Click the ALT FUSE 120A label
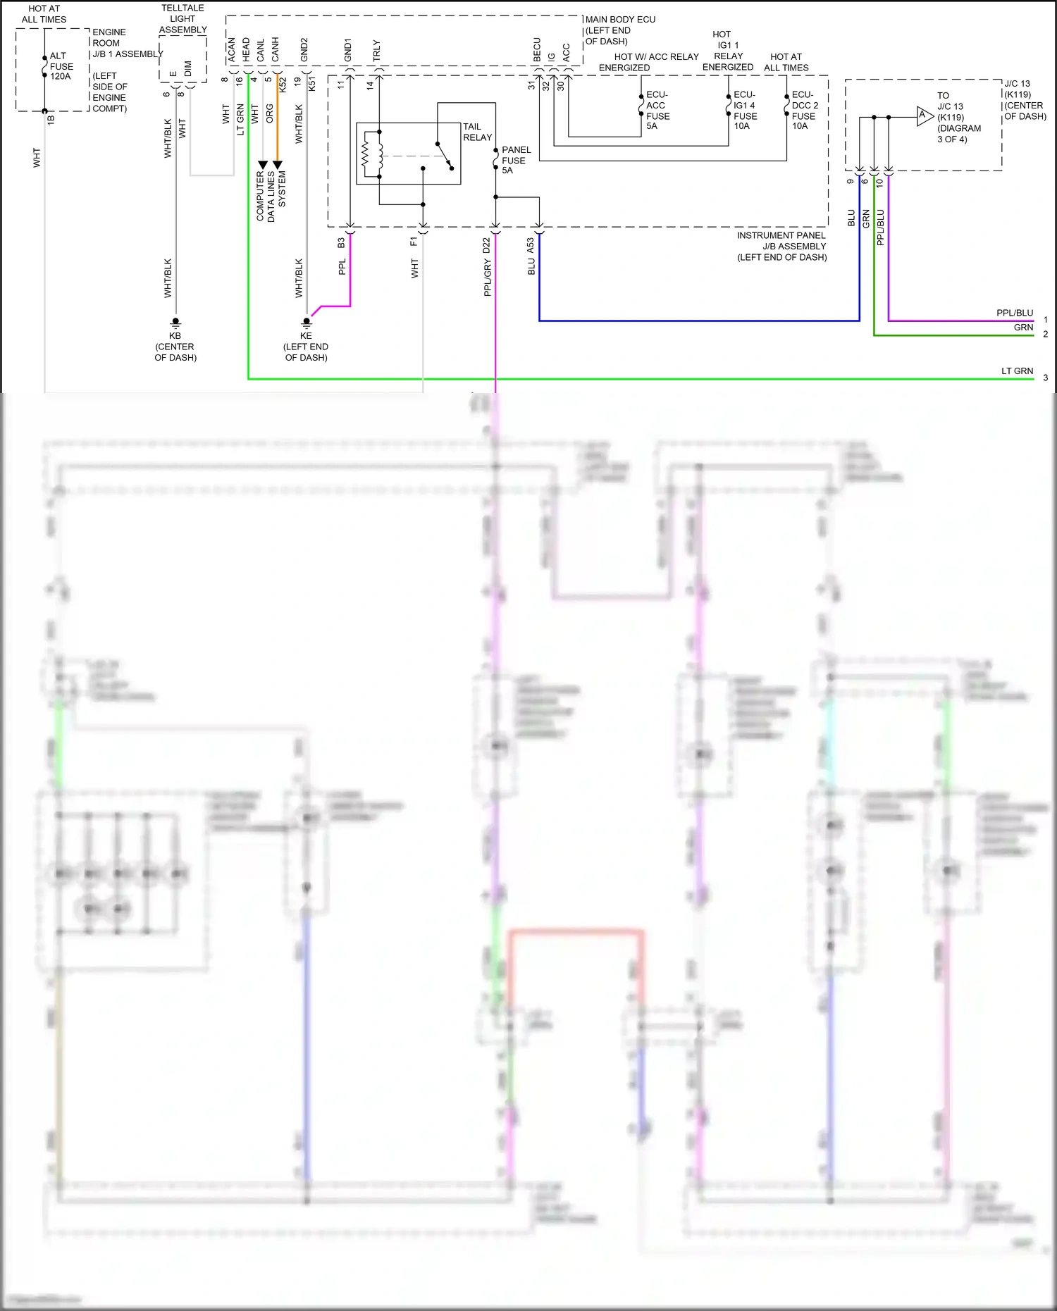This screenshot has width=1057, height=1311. click(61, 66)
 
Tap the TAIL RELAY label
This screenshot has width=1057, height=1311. click(477, 132)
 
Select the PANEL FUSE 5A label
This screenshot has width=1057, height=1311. click(515, 160)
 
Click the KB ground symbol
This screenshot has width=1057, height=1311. click(175, 322)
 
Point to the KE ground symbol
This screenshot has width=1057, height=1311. click(307, 322)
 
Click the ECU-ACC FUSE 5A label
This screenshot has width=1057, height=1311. click(657, 110)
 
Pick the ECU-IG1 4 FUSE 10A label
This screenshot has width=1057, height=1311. click(745, 110)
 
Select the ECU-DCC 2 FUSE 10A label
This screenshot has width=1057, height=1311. click(804, 110)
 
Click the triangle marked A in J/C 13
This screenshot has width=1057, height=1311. click(924, 116)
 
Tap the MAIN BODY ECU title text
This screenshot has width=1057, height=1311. click(620, 20)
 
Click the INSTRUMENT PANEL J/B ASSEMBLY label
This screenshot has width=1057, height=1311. click(781, 246)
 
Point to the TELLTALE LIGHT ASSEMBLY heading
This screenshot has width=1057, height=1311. click(183, 19)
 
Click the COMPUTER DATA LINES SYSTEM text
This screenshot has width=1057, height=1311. click(271, 195)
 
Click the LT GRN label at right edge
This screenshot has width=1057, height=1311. click(1017, 371)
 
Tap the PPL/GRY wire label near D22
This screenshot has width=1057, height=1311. click(487, 278)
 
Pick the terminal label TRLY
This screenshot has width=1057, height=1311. click(376, 51)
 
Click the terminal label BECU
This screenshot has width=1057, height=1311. click(537, 50)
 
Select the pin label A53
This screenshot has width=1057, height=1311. click(531, 245)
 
